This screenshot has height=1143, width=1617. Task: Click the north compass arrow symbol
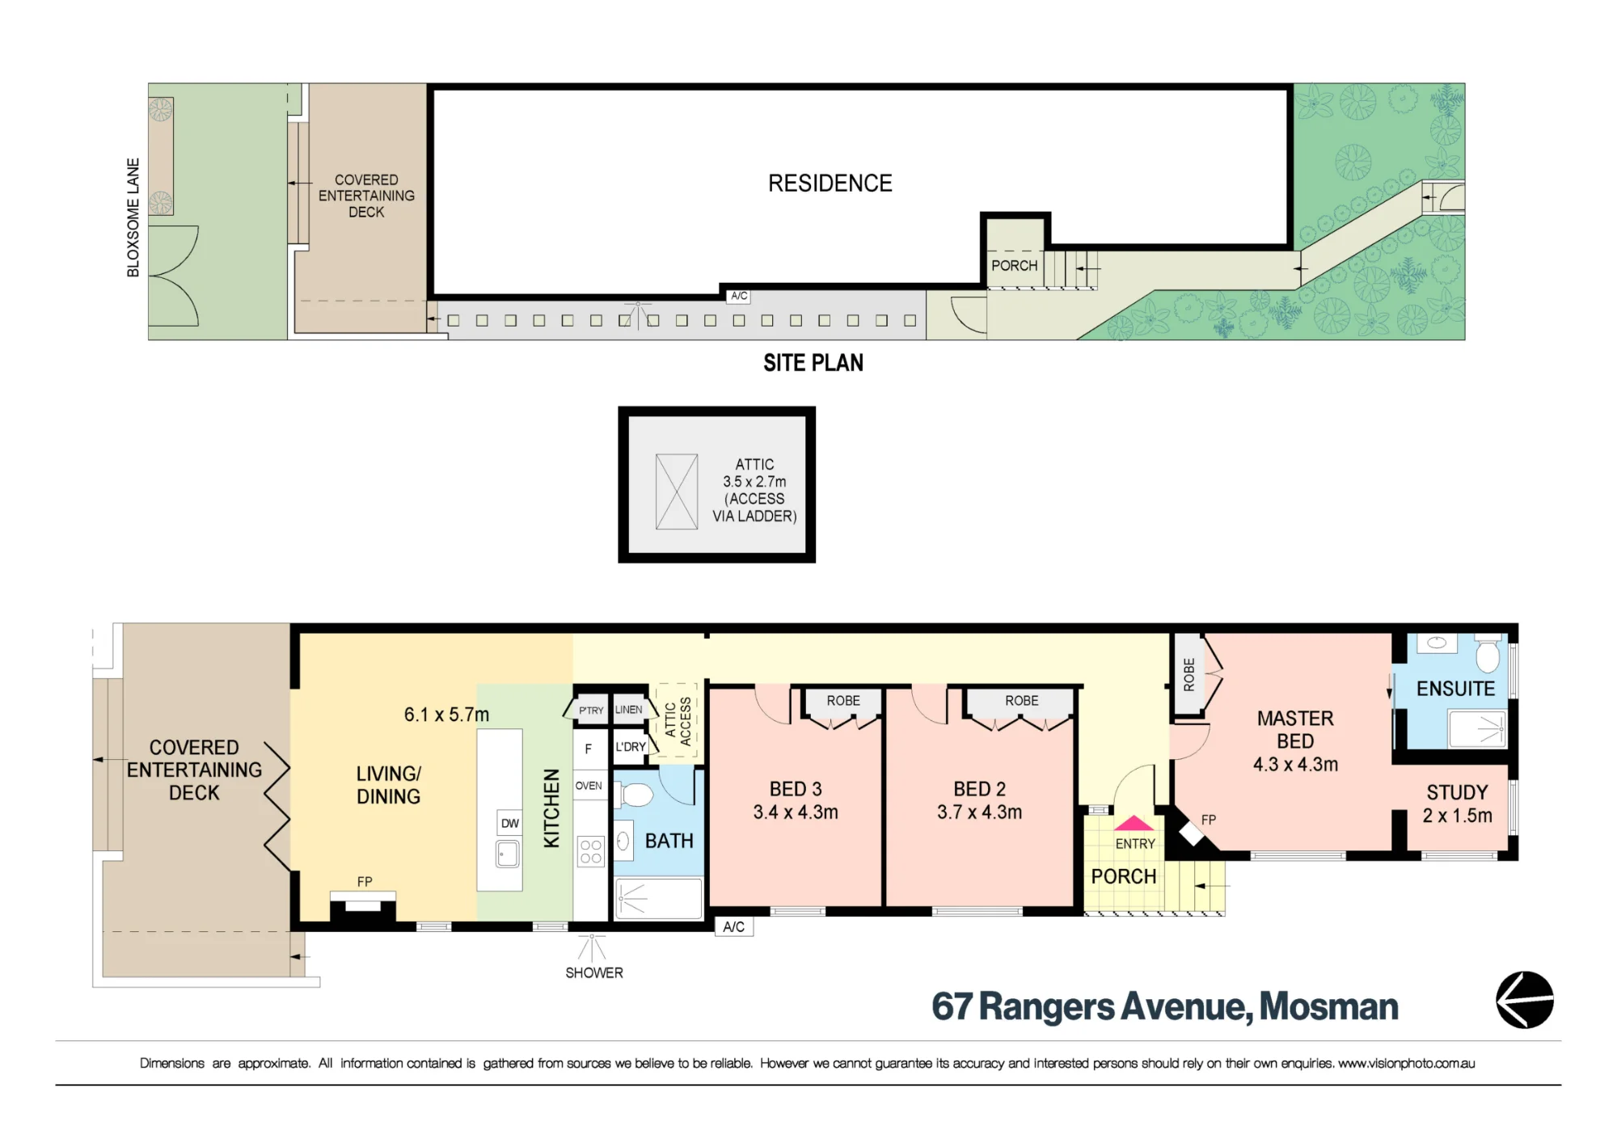pyautogui.click(x=1525, y=1000)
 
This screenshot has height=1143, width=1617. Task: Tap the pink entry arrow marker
pyautogui.click(x=1134, y=824)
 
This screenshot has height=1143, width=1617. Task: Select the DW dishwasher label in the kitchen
pyautogui.click(x=510, y=824)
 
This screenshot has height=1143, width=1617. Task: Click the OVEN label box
pyautogui.click(x=589, y=786)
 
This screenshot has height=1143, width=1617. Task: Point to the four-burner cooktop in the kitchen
pyautogui.click(x=591, y=852)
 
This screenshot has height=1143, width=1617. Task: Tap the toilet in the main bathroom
pyautogui.click(x=636, y=795)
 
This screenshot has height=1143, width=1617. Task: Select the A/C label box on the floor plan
pyautogui.click(x=734, y=926)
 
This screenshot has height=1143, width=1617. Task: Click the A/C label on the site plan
pyautogui.click(x=739, y=296)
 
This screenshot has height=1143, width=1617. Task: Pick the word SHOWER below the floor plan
pyautogui.click(x=594, y=973)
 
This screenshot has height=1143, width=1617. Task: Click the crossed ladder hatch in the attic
pyautogui.click(x=677, y=492)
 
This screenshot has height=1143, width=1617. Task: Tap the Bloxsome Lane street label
pyautogui.click(x=133, y=217)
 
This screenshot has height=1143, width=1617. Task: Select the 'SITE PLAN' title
pyautogui.click(x=813, y=363)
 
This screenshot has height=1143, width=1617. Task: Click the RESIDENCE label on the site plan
pyautogui.click(x=830, y=183)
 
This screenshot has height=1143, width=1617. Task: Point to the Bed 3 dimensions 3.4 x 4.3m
pyautogui.click(x=796, y=812)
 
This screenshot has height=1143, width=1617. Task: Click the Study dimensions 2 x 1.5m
pyautogui.click(x=1458, y=816)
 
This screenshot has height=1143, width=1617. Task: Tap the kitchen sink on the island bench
pyautogui.click(x=508, y=854)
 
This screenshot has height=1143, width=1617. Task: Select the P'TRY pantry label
pyautogui.click(x=591, y=711)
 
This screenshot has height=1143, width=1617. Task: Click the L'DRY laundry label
pyautogui.click(x=631, y=747)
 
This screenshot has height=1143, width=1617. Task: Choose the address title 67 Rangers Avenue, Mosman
pyautogui.click(x=1165, y=1007)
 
